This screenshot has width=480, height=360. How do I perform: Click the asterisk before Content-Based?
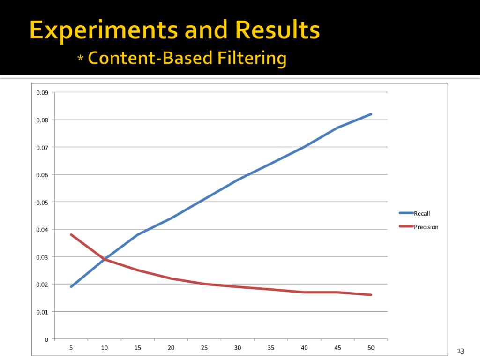point(81,59)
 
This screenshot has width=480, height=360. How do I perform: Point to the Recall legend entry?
point(421,213)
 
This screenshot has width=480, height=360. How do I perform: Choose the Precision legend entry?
point(426,227)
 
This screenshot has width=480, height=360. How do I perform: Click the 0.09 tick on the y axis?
point(42,92)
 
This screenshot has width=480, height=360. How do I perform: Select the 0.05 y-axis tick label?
point(42,202)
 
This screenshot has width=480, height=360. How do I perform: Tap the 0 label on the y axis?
point(46,339)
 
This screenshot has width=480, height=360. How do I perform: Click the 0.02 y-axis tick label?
point(42,285)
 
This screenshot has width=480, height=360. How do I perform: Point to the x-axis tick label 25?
point(204,348)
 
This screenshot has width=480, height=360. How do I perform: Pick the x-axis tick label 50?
point(371,348)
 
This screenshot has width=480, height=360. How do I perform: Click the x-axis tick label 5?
point(71,348)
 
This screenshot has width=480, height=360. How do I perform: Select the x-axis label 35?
point(271,348)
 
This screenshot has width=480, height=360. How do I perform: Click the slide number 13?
point(460,351)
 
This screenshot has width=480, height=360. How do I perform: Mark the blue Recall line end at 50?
point(371,114)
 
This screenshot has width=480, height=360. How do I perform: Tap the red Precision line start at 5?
point(71,234)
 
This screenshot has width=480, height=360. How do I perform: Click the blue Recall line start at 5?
point(71,286)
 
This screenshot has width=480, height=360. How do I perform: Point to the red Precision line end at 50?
point(371,295)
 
